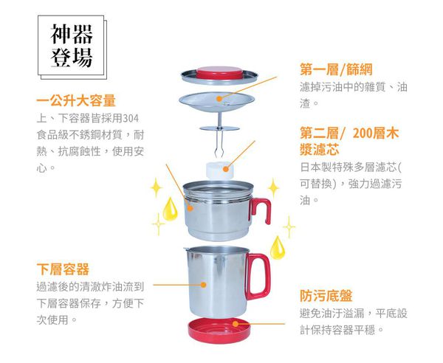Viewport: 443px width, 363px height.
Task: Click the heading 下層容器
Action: (x=63, y=269)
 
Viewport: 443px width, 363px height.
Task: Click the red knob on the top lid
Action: (x=221, y=72)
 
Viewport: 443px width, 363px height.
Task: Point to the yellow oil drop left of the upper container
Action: (x=171, y=206)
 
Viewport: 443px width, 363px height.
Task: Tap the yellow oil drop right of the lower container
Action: (x=277, y=246)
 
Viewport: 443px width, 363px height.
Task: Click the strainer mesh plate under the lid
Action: (x=220, y=101)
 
